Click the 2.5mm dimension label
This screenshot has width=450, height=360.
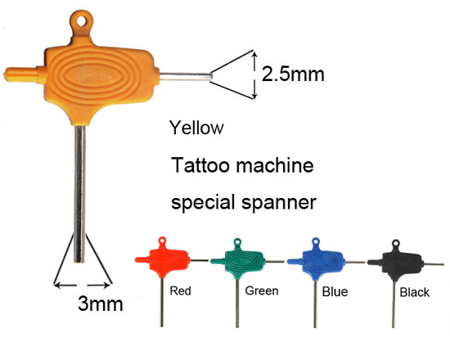click(x=293, y=74)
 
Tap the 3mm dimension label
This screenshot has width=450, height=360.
click(x=100, y=304)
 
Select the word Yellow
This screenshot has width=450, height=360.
click(x=196, y=128)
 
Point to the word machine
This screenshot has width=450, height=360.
click(x=275, y=165)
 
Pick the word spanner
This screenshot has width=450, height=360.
click(x=279, y=203)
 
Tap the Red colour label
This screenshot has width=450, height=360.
click(x=180, y=290)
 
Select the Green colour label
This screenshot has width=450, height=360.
click(x=262, y=290)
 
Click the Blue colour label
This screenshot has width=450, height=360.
click(x=335, y=291)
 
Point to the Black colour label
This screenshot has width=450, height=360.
click(x=415, y=293)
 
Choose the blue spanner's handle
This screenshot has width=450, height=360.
click(x=321, y=261)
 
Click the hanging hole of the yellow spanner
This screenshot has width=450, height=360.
click(x=82, y=20)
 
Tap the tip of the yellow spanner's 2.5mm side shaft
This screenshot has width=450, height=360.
click(x=211, y=77)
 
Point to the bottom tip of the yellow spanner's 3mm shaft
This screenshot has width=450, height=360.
click(x=79, y=262)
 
